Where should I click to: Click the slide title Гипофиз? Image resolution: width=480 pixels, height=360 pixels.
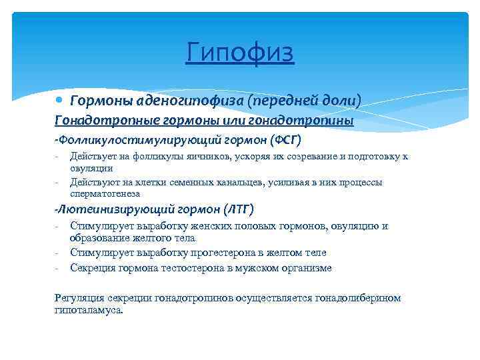(x=240, y=52)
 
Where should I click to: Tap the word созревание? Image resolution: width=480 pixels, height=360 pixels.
(x=297, y=157)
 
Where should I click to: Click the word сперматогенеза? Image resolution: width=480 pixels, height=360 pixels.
(x=105, y=193)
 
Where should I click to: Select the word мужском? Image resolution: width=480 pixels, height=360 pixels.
(x=261, y=268)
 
